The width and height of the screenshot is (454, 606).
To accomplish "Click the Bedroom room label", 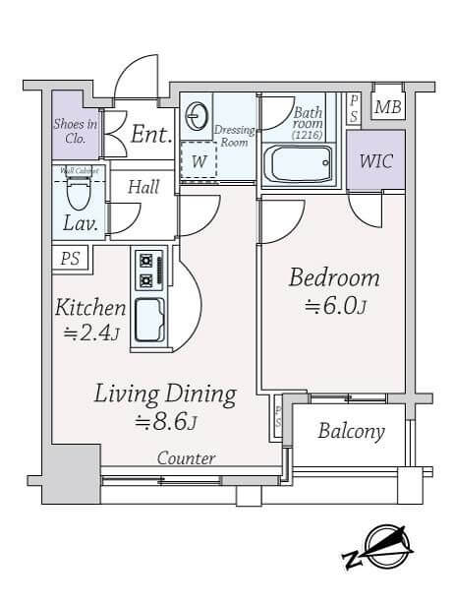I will point(333,277).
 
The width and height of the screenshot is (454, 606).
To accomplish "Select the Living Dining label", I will point(165,394).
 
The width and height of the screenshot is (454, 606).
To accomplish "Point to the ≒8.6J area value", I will point(165,423).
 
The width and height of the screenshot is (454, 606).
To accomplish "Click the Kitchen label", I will point(89,307).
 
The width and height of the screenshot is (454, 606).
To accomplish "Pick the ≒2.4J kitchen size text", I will point(89,333).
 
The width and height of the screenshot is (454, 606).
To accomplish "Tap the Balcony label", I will point(351,432).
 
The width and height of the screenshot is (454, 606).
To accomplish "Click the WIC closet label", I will point(376,161).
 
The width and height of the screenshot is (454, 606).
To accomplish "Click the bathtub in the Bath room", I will point(301,162).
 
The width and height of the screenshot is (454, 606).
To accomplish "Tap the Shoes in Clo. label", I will point(75,131).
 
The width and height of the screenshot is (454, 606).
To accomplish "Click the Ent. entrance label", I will point(151,135).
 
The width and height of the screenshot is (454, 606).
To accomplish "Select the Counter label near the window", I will point(186,459).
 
